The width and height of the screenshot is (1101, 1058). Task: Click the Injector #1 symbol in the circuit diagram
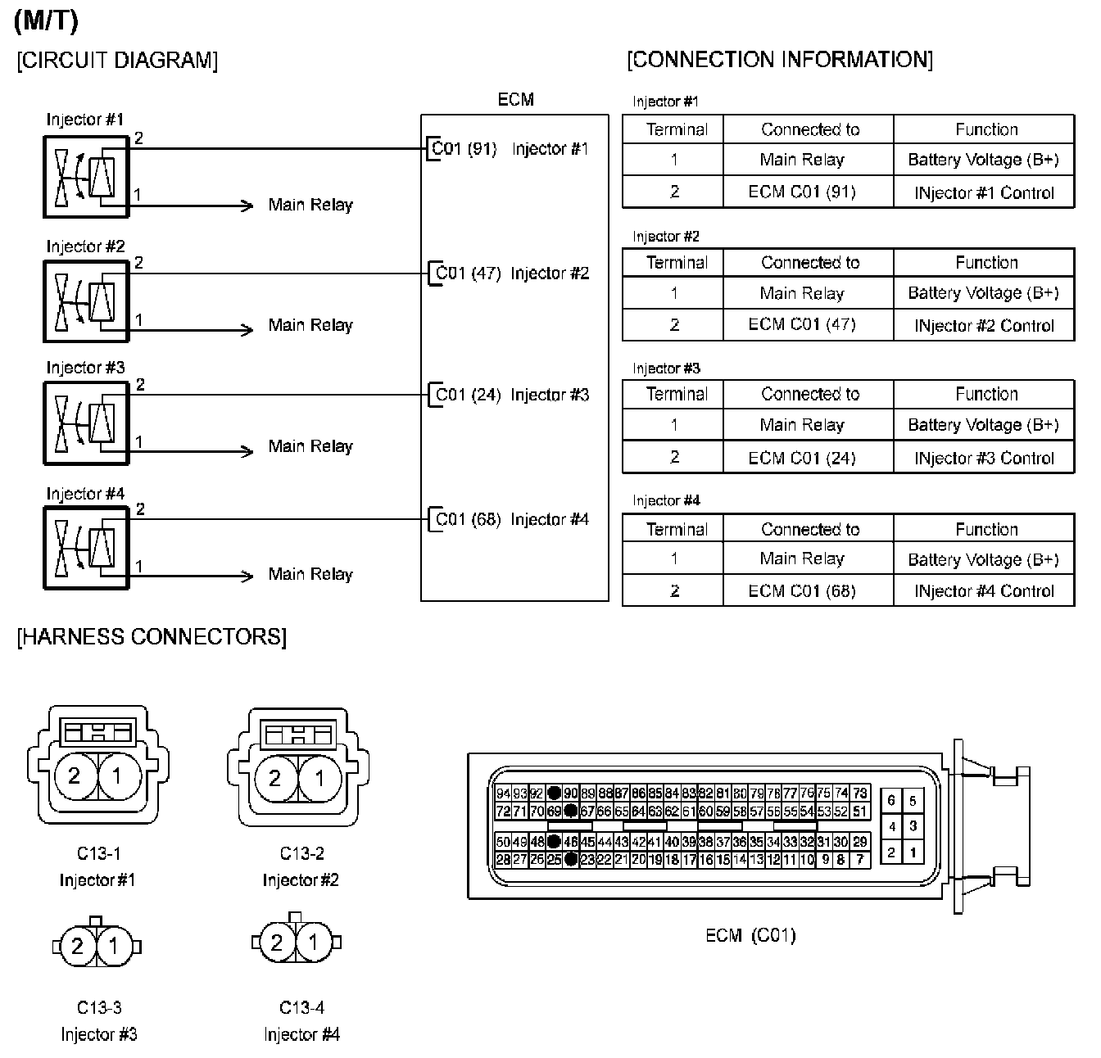(x=86, y=177)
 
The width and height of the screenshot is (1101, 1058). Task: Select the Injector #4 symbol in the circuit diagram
(x=86, y=548)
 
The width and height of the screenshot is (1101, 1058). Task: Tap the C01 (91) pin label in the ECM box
(x=464, y=149)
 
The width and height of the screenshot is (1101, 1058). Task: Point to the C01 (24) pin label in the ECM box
(x=468, y=396)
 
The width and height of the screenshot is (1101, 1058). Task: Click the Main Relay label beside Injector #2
(x=310, y=326)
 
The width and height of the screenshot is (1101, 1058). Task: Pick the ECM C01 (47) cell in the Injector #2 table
(x=802, y=324)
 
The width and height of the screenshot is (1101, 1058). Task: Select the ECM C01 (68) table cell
(x=802, y=590)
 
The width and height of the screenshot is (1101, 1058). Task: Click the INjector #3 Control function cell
(x=984, y=458)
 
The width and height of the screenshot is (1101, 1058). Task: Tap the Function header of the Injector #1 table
(x=985, y=129)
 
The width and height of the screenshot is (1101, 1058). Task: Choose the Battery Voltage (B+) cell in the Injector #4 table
(x=983, y=559)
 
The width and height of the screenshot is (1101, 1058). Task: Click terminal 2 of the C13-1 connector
(x=74, y=775)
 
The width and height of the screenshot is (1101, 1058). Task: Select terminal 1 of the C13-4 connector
(x=313, y=943)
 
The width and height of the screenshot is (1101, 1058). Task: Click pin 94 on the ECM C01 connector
(x=503, y=793)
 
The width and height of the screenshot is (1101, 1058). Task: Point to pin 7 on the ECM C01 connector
(x=859, y=860)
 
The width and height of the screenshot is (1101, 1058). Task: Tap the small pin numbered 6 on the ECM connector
(x=891, y=801)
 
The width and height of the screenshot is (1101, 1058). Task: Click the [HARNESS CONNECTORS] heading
(x=152, y=637)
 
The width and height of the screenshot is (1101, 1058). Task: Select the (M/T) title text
(x=46, y=21)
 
